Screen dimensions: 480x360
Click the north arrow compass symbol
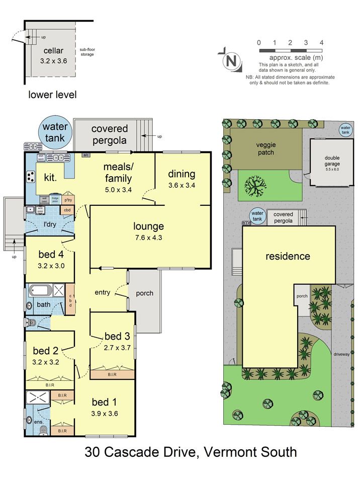pyautogui.click(x=231, y=61)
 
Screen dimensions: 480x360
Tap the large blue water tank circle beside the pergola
pyautogui.click(x=55, y=132)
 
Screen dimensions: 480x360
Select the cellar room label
pyautogui.click(x=54, y=50)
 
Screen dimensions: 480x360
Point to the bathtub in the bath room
pyautogui.click(x=41, y=290)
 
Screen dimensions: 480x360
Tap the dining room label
pyautogui.click(x=182, y=174)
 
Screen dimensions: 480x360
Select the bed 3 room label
pyautogui.click(x=117, y=337)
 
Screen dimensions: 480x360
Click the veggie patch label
pyautogui.click(x=265, y=148)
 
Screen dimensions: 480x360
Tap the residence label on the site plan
pyautogui.click(x=288, y=256)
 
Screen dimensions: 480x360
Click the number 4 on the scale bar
pyautogui.click(x=321, y=43)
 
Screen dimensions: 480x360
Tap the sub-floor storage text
pyautogui.click(x=87, y=52)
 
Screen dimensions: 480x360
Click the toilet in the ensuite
pyautogui.click(x=44, y=429)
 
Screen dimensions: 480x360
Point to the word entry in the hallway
pyautogui.click(x=103, y=292)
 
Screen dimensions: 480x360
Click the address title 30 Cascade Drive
pyautogui.click(x=191, y=452)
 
